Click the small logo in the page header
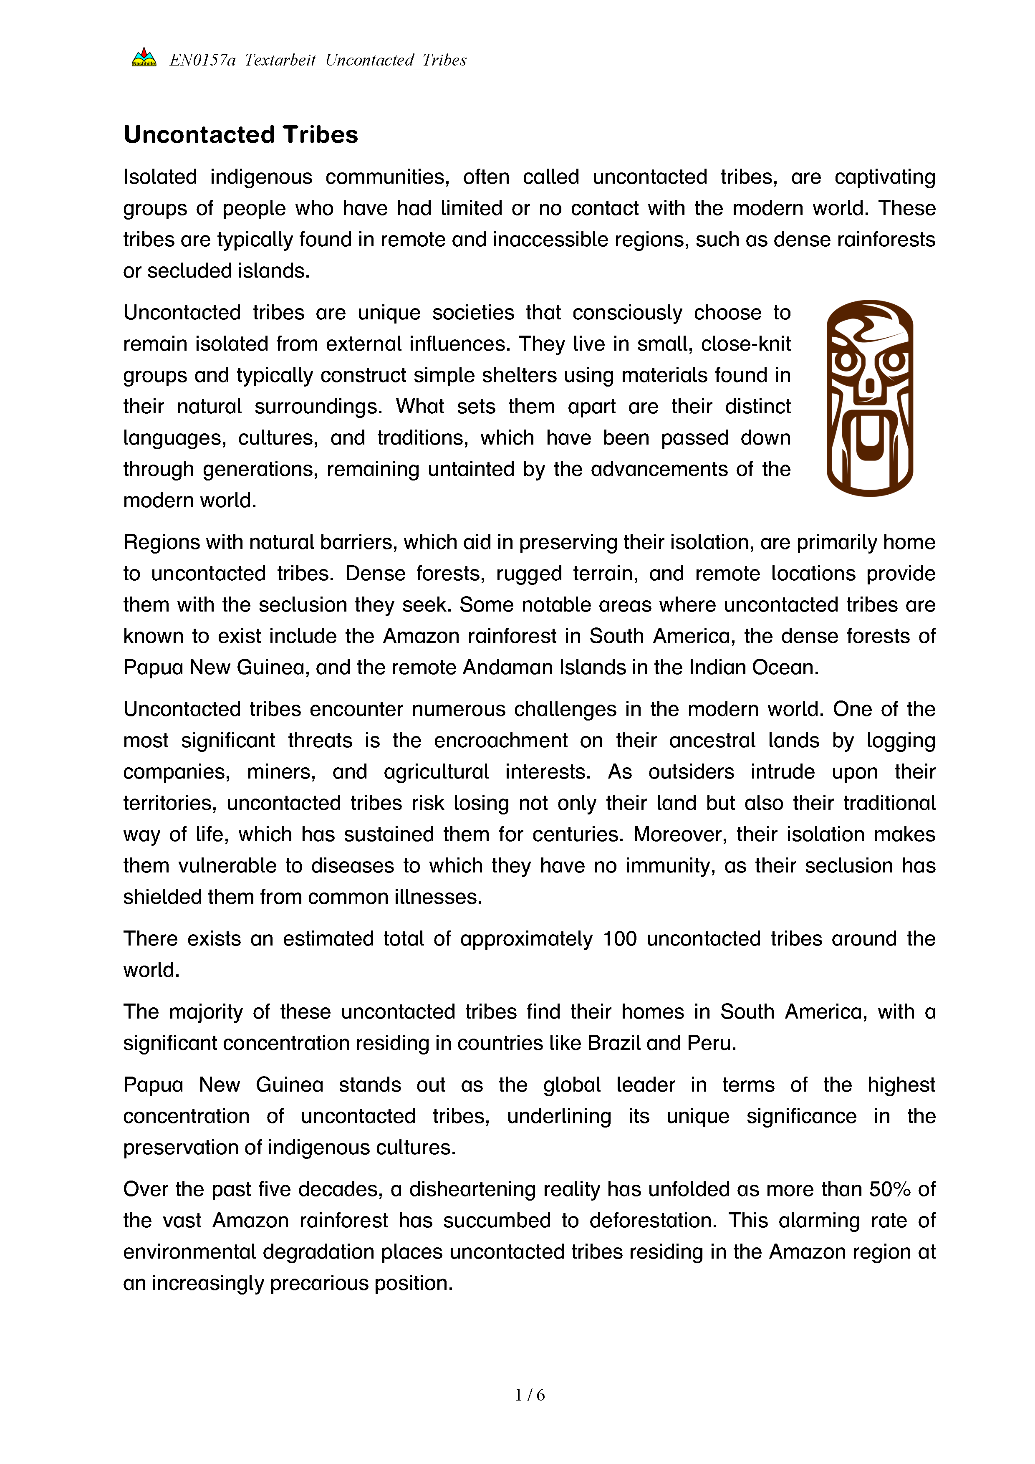coord(144,58)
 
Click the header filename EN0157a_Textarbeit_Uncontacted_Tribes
coord(317,61)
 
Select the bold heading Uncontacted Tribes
coord(240,134)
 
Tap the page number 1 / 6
coord(530,1395)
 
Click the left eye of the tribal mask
coord(846,362)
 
